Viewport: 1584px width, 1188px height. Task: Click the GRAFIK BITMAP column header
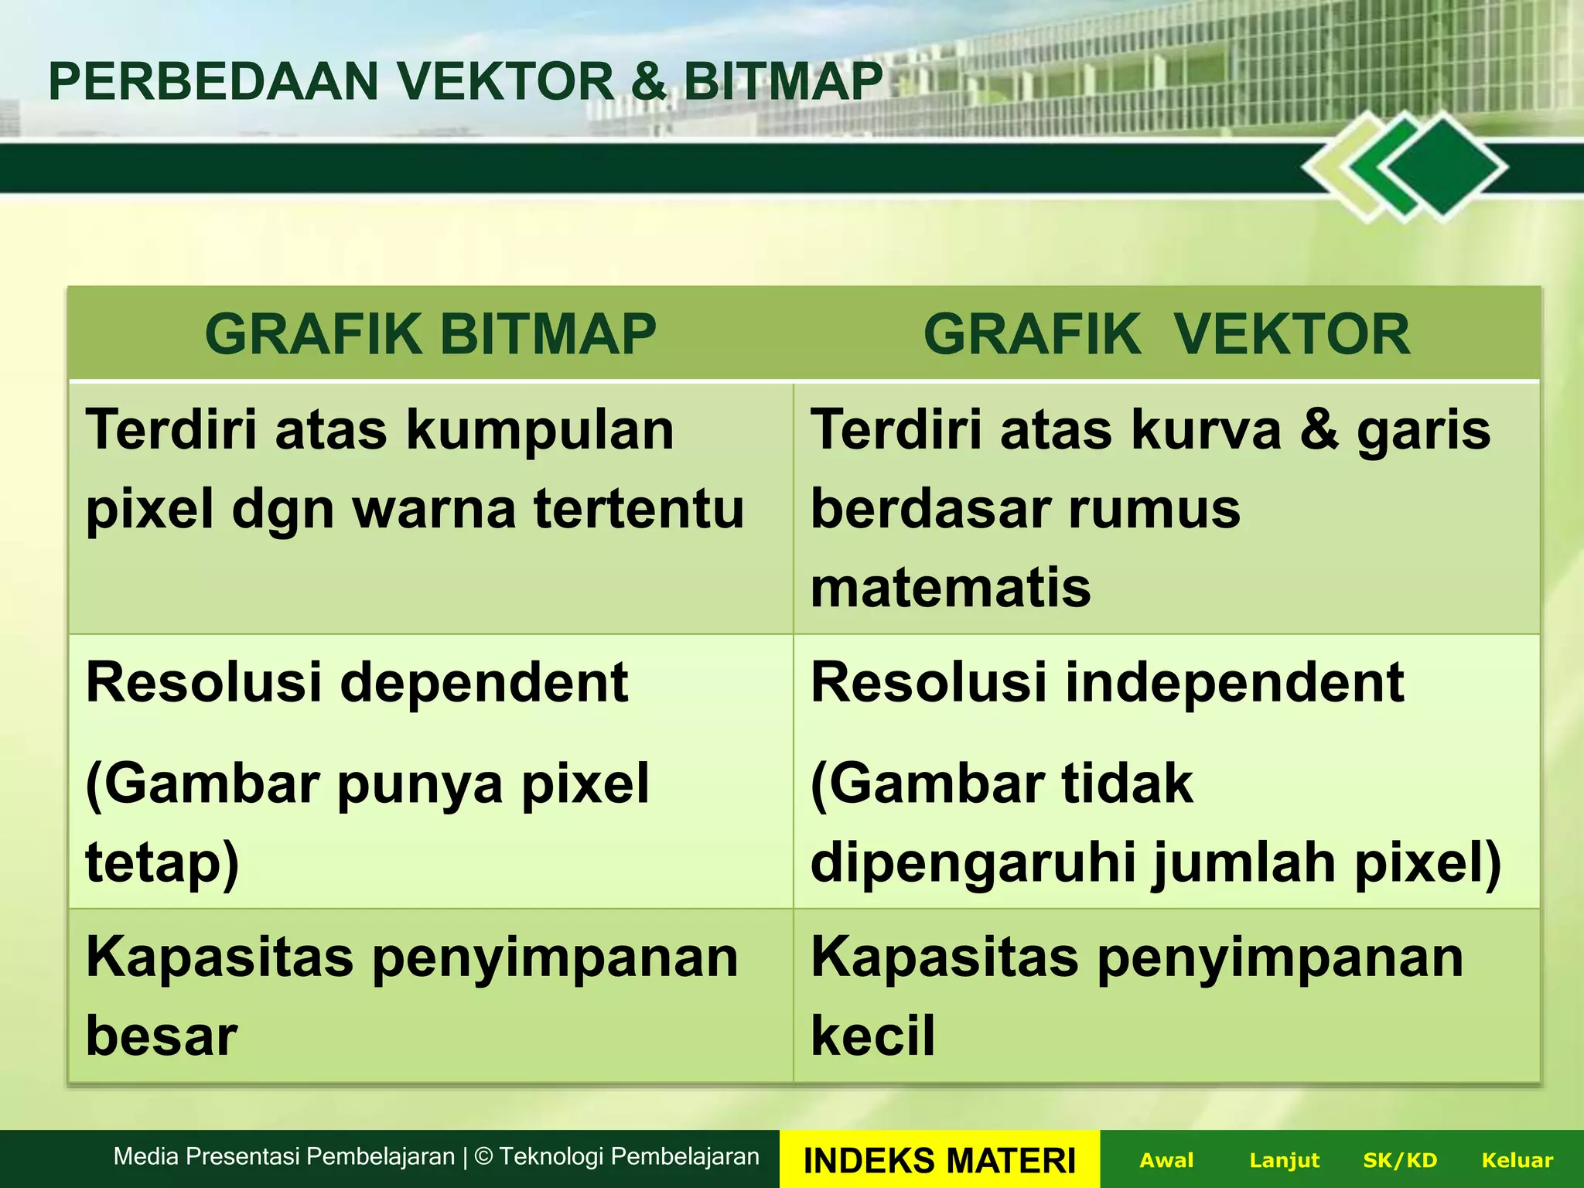(x=430, y=334)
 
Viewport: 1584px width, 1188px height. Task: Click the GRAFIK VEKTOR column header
(x=1166, y=334)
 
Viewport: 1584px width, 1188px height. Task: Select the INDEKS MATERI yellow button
(x=939, y=1160)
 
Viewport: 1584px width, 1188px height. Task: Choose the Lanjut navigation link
(x=1284, y=1160)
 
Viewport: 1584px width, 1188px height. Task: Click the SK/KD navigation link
(x=1400, y=1160)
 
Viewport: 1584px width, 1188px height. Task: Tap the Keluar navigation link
(x=1517, y=1160)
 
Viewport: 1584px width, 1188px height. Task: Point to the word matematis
(x=951, y=588)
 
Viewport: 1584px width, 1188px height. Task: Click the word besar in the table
(x=161, y=1036)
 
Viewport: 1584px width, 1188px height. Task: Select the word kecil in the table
(x=872, y=1036)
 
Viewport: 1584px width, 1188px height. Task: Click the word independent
(x=1234, y=684)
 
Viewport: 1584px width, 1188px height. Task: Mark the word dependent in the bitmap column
(x=483, y=684)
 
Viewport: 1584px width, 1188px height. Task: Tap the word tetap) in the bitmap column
(x=162, y=863)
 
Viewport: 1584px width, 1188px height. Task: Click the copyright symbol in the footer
(x=483, y=1157)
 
